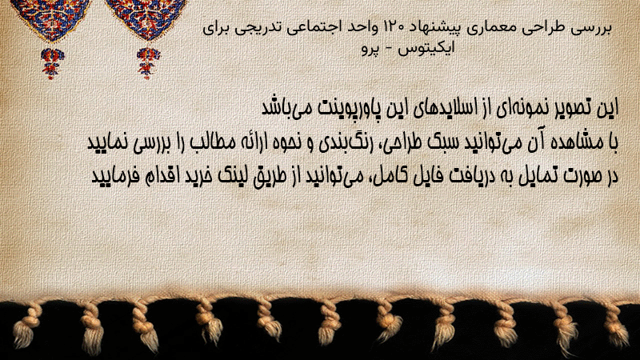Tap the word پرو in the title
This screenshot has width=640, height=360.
(x=370, y=49)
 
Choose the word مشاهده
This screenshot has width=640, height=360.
(x=580, y=142)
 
